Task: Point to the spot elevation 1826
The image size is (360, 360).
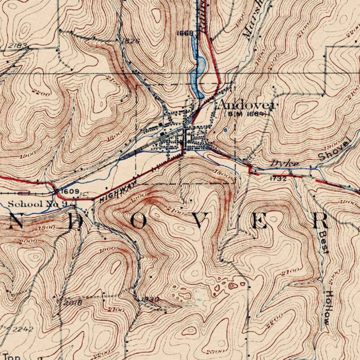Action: point(131,41)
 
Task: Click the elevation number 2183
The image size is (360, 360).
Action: point(18,46)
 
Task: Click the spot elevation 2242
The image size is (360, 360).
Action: point(23,329)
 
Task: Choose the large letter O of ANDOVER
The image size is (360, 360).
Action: point(138,221)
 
